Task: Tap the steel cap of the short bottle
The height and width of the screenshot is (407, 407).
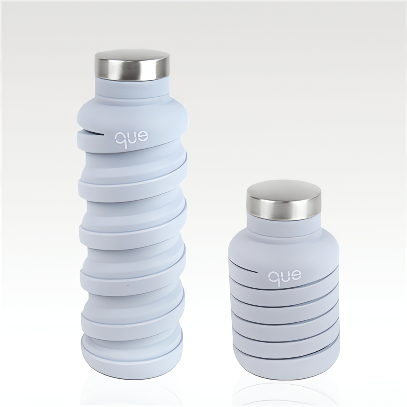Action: point(284,198)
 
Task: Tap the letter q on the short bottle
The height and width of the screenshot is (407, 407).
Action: point(273,279)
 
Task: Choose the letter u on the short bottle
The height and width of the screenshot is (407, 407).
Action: point(285,276)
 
